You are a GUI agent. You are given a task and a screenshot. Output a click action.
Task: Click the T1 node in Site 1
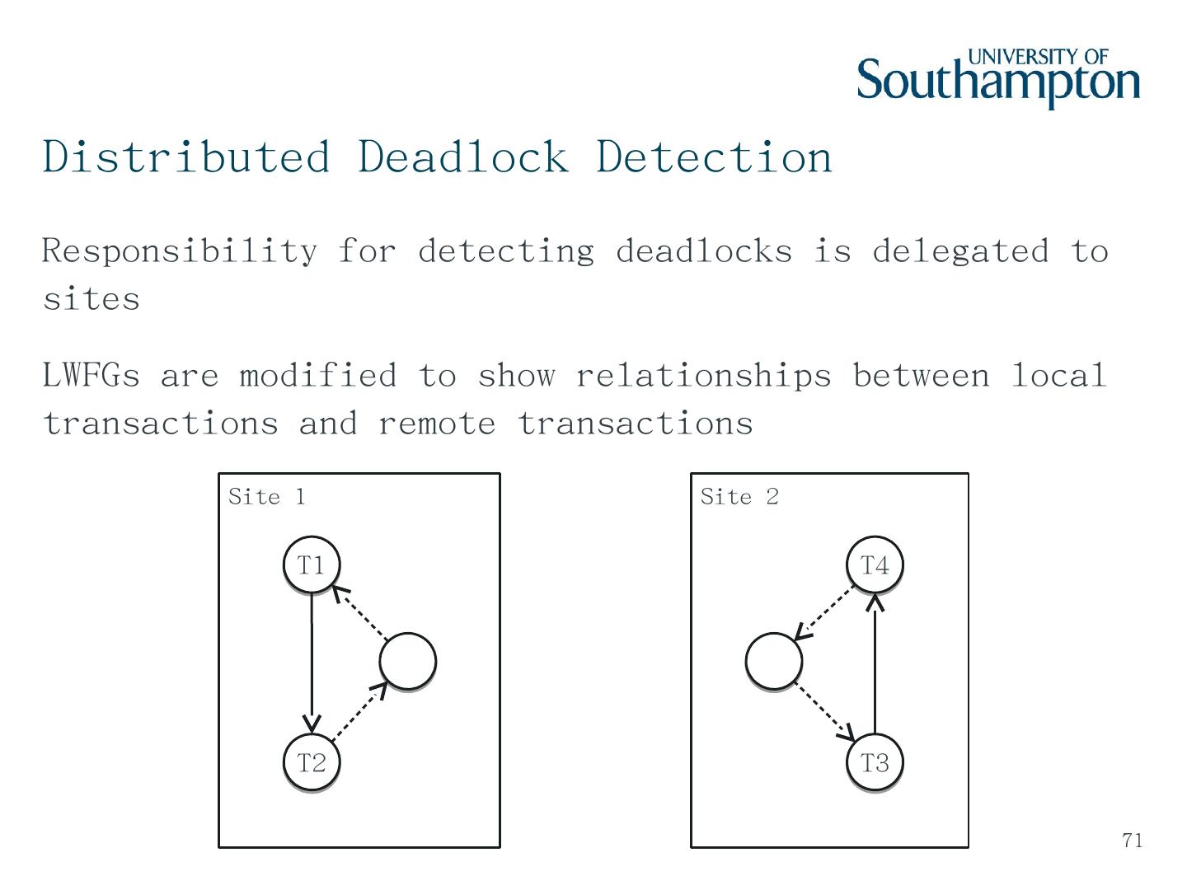pyautogui.click(x=311, y=565)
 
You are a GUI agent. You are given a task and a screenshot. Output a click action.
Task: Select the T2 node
pyautogui.click(x=311, y=763)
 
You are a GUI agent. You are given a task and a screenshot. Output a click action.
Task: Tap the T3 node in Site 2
pyautogui.click(x=875, y=763)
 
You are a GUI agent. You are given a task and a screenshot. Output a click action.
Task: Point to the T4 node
pyautogui.click(x=875, y=565)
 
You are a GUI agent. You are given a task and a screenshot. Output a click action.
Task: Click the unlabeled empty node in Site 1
pyautogui.click(x=407, y=661)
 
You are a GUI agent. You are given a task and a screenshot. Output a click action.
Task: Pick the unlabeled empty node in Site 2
pyautogui.click(x=773, y=661)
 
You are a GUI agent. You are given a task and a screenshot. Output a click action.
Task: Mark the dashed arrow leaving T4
pyautogui.click(x=823, y=611)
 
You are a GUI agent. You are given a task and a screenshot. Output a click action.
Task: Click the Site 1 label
pyautogui.click(x=266, y=497)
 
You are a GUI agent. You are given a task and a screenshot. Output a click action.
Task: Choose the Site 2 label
pyautogui.click(x=739, y=497)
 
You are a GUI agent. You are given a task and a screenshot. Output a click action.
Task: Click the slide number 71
pyautogui.click(x=1133, y=841)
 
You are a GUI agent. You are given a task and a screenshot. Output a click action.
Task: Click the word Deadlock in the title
pyautogui.click(x=462, y=157)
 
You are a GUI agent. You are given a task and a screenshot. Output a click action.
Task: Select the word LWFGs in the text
pyautogui.click(x=91, y=376)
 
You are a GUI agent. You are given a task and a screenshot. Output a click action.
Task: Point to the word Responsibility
pyautogui.click(x=180, y=251)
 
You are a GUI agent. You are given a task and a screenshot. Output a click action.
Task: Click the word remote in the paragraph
pyautogui.click(x=437, y=424)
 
